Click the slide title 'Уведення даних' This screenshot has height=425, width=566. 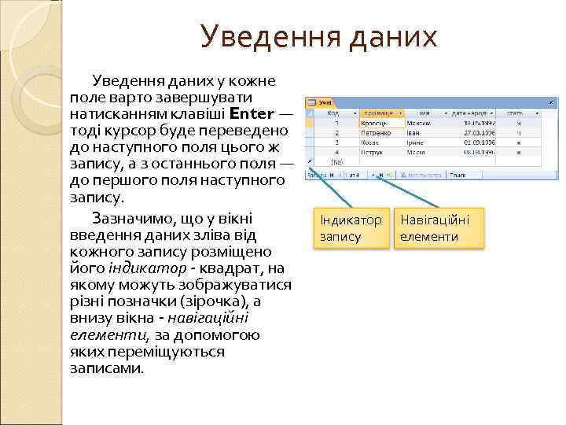tap(318, 36)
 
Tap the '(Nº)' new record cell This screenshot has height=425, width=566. tap(337, 161)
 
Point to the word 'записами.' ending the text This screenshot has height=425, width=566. tap(108, 368)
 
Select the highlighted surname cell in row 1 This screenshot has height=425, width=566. tap(381, 124)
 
